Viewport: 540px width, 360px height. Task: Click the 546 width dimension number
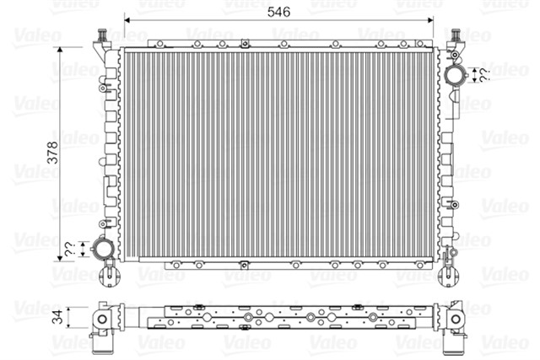point(279,13)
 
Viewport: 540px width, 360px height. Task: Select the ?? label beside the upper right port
point(484,76)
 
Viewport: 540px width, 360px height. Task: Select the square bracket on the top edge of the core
point(244,44)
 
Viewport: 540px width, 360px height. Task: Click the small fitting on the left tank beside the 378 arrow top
point(104,84)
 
